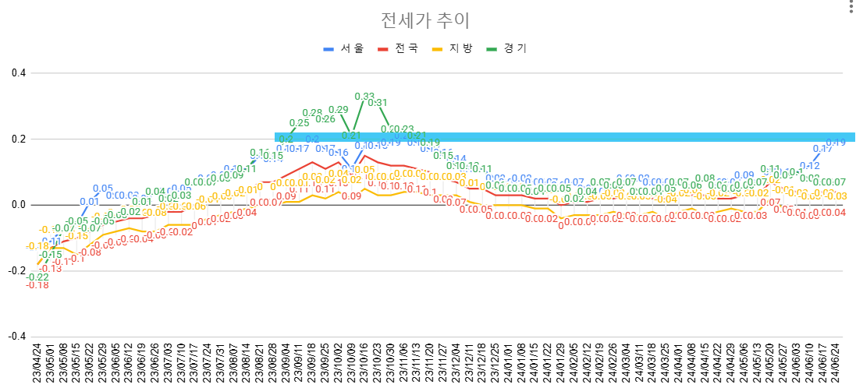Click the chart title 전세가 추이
[x=425, y=20]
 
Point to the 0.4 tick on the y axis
[x=16, y=73]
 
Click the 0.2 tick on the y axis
[x=16, y=139]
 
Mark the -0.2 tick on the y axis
[x=15, y=271]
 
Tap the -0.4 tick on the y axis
[x=15, y=337]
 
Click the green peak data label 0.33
[x=364, y=97]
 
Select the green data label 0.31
[x=378, y=103]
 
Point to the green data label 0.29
[x=339, y=110]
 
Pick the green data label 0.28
[x=312, y=113]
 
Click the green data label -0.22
[x=37, y=277]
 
